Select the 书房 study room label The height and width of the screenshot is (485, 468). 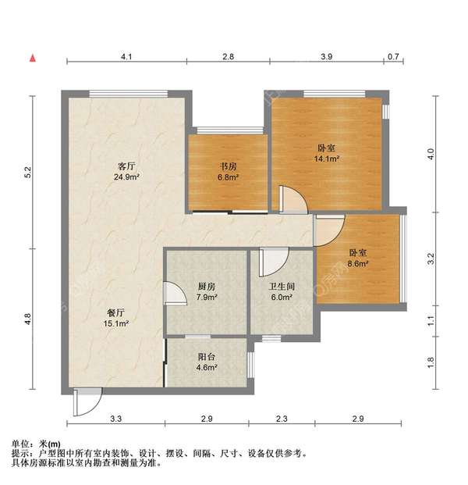tap(227, 166)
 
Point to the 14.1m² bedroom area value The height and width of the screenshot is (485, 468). tap(328, 158)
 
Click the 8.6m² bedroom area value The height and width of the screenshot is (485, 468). tap(359, 263)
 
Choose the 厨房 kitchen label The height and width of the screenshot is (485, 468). tap(207, 287)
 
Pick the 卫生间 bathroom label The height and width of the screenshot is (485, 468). tap(282, 287)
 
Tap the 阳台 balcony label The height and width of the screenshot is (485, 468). tap(207, 356)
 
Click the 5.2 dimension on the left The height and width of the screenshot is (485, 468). tap(28, 173)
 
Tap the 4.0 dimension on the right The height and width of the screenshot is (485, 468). tap(428, 154)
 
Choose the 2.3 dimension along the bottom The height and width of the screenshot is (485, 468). tap(282, 420)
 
